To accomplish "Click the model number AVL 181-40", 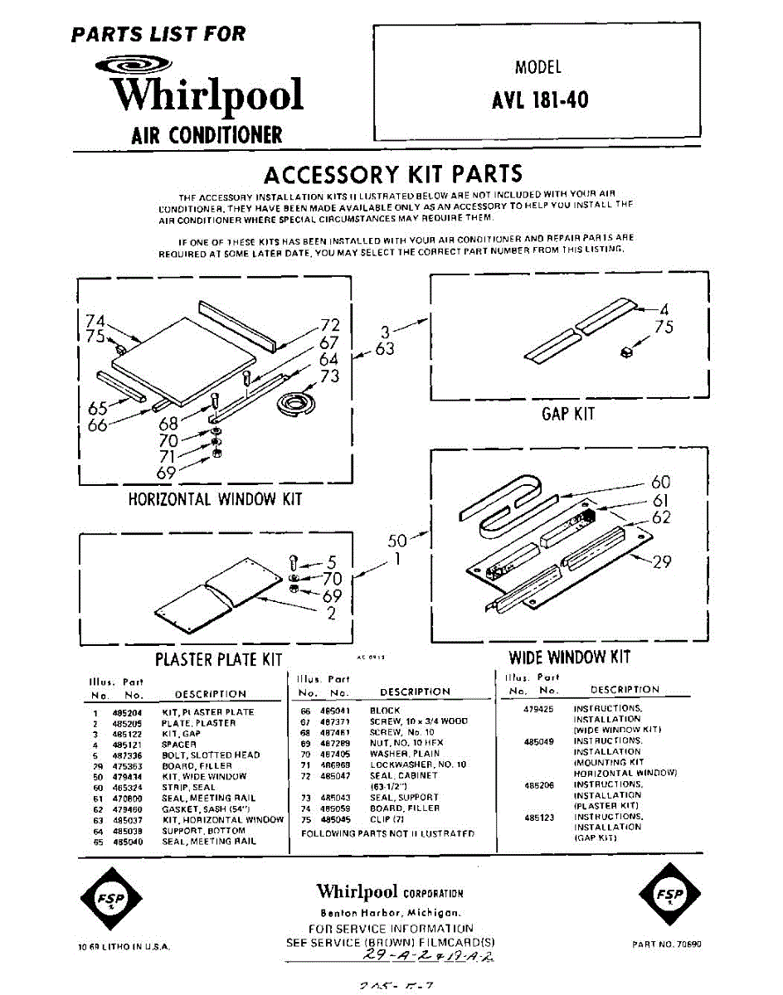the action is [x=540, y=99].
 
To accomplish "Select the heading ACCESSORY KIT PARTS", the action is [x=392, y=174].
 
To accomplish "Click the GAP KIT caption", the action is [x=568, y=413].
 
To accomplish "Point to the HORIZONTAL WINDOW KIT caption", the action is [x=215, y=499].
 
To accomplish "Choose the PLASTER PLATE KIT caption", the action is [x=219, y=660].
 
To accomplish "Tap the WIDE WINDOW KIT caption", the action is [x=569, y=658].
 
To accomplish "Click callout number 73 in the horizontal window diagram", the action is [x=329, y=377].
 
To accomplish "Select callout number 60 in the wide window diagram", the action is [x=660, y=483].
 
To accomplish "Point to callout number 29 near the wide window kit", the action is [x=662, y=562].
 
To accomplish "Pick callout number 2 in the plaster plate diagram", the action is [x=331, y=614].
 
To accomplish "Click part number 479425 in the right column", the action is [x=539, y=709].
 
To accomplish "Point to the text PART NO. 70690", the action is [x=666, y=944].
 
